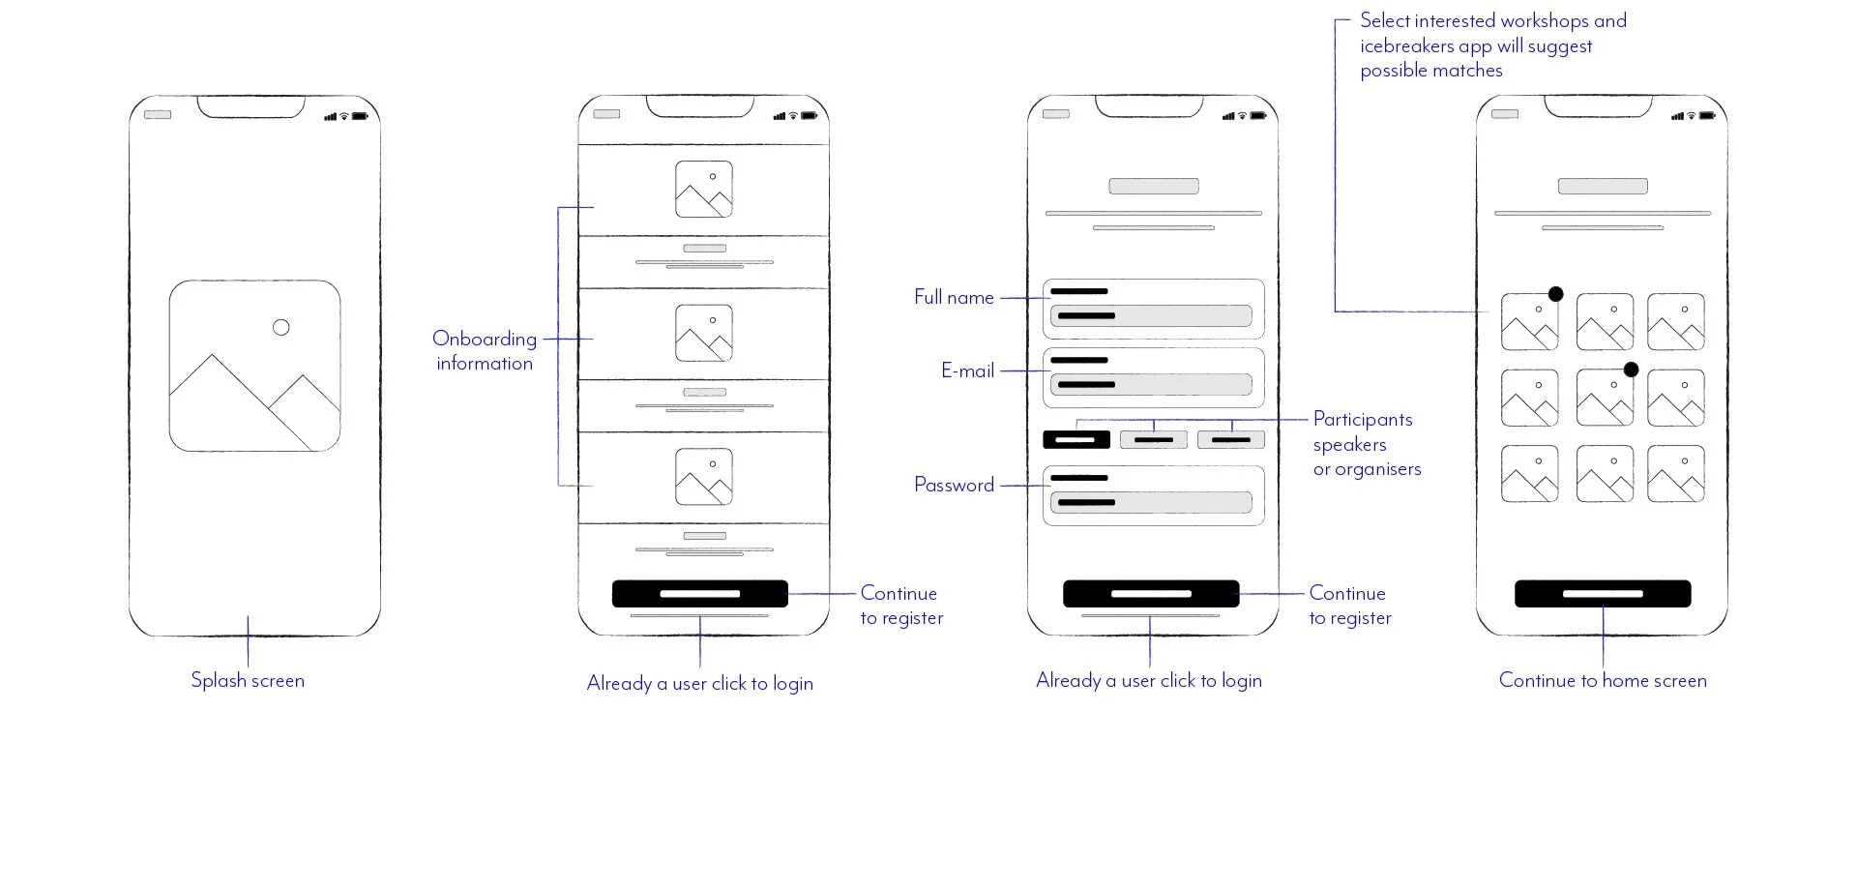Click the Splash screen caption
point(248,680)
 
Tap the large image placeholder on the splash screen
point(254,366)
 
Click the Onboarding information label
point(484,350)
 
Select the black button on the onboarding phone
point(699,594)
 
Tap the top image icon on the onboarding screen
point(703,189)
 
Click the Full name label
point(954,297)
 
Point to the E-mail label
point(967,370)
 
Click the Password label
point(954,485)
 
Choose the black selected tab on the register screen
point(1076,439)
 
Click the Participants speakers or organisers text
point(1366,444)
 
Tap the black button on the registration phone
point(1150,594)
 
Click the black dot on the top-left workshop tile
point(1555,294)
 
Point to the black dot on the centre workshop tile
point(1631,370)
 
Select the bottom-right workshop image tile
point(1675,473)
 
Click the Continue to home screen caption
point(1602,680)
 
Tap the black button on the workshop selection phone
point(1602,594)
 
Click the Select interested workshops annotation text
point(1492,45)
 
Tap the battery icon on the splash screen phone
point(360,116)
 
